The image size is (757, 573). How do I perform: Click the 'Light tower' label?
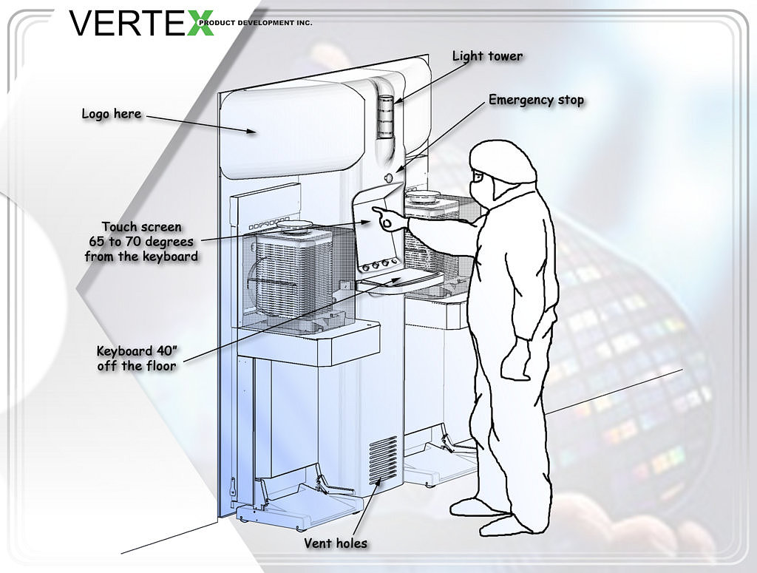pyautogui.click(x=487, y=56)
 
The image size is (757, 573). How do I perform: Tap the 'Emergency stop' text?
pyautogui.click(x=537, y=101)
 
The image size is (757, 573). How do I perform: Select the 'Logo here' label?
pyautogui.click(x=112, y=115)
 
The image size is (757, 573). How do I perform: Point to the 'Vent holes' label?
pyautogui.click(x=336, y=543)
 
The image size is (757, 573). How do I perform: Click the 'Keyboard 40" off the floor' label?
pyautogui.click(x=137, y=358)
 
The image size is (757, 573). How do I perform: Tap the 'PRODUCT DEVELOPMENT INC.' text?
pyautogui.click(x=255, y=22)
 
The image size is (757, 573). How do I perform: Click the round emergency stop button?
pyautogui.click(x=389, y=177)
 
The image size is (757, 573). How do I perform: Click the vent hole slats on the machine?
pyautogui.click(x=384, y=460)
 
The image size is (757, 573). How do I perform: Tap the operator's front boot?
pyautogui.click(x=475, y=507)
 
